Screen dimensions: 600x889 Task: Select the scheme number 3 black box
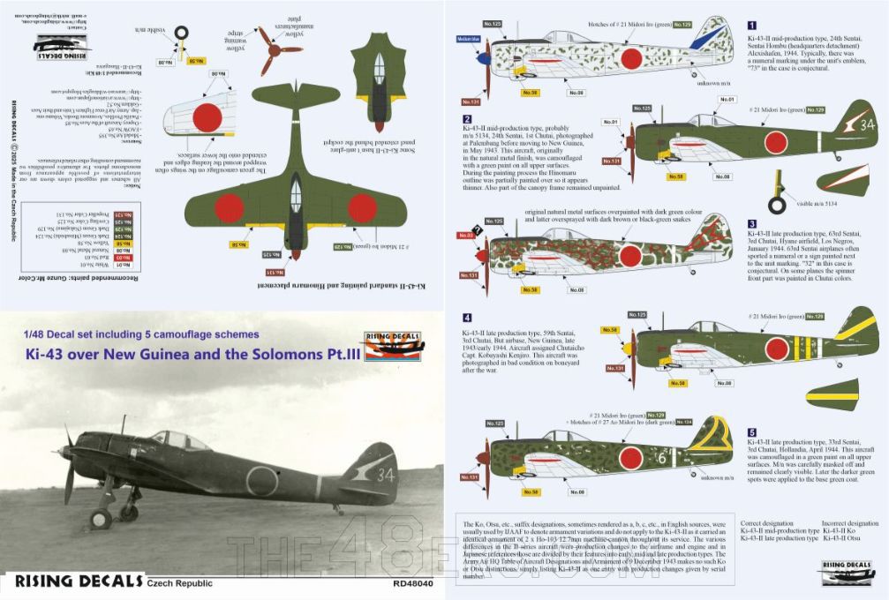pos(751,224)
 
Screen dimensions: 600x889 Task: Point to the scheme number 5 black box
pos(751,432)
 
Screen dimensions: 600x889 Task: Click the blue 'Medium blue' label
pos(468,39)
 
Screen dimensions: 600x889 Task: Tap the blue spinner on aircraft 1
pos(484,60)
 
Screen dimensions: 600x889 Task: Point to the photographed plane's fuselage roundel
pos(261,481)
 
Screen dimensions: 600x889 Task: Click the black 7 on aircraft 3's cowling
pos(478,230)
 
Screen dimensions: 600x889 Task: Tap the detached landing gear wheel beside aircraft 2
pos(777,205)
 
